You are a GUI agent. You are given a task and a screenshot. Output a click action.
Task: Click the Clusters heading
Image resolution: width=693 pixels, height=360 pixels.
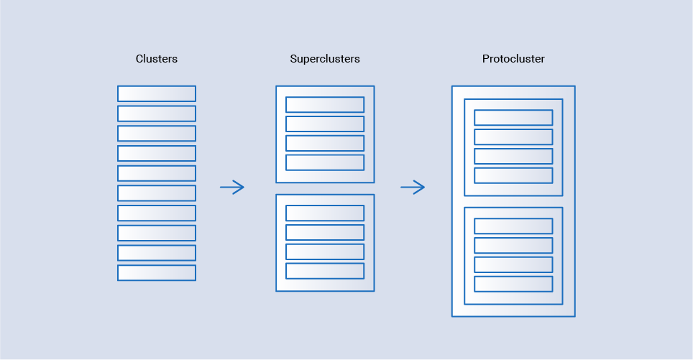(157, 59)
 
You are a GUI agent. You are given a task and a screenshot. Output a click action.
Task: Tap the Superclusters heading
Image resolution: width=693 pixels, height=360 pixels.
(325, 59)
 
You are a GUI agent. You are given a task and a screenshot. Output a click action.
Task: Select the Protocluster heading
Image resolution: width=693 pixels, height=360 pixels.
(513, 59)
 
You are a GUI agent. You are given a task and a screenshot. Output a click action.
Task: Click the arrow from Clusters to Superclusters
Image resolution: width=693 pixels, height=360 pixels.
(232, 188)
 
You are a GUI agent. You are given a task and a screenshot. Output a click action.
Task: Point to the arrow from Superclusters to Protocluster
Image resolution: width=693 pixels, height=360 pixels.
(413, 188)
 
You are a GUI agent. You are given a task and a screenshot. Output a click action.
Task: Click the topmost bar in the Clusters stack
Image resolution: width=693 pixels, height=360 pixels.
(157, 93)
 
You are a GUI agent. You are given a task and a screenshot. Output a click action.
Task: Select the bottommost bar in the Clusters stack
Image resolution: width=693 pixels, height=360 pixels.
(157, 273)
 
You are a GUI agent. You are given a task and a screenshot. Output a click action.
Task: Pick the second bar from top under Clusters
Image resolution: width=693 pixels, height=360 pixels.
(157, 114)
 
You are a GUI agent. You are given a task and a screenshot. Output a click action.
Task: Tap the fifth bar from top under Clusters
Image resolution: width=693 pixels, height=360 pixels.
(157, 173)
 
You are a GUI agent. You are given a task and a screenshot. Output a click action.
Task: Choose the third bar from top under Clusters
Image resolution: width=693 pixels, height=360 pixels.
(157, 134)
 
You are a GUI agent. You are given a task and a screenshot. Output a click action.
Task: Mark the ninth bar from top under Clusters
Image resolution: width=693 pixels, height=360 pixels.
(157, 253)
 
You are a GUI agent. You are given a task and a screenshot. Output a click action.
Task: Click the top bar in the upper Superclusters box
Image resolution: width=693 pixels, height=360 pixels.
(325, 105)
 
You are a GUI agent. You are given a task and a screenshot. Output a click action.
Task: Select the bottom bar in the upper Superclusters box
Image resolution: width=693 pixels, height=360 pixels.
(325, 162)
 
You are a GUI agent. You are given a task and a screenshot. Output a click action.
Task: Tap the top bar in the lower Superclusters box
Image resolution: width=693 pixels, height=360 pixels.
(325, 213)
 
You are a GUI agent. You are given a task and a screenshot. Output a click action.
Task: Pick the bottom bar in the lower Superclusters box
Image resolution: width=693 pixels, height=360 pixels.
(325, 271)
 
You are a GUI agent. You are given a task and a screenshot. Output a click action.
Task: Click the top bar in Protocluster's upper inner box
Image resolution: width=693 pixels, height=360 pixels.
(513, 118)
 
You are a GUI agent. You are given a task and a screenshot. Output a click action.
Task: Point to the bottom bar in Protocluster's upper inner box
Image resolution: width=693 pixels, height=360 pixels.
(513, 175)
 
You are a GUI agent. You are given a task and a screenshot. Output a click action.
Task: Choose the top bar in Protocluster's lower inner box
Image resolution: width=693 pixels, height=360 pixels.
(513, 226)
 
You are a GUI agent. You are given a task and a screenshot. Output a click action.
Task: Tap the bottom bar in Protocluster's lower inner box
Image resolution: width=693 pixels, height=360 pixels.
(513, 284)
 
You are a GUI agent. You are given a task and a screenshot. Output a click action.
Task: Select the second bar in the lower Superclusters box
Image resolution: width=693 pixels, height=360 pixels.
(325, 232)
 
